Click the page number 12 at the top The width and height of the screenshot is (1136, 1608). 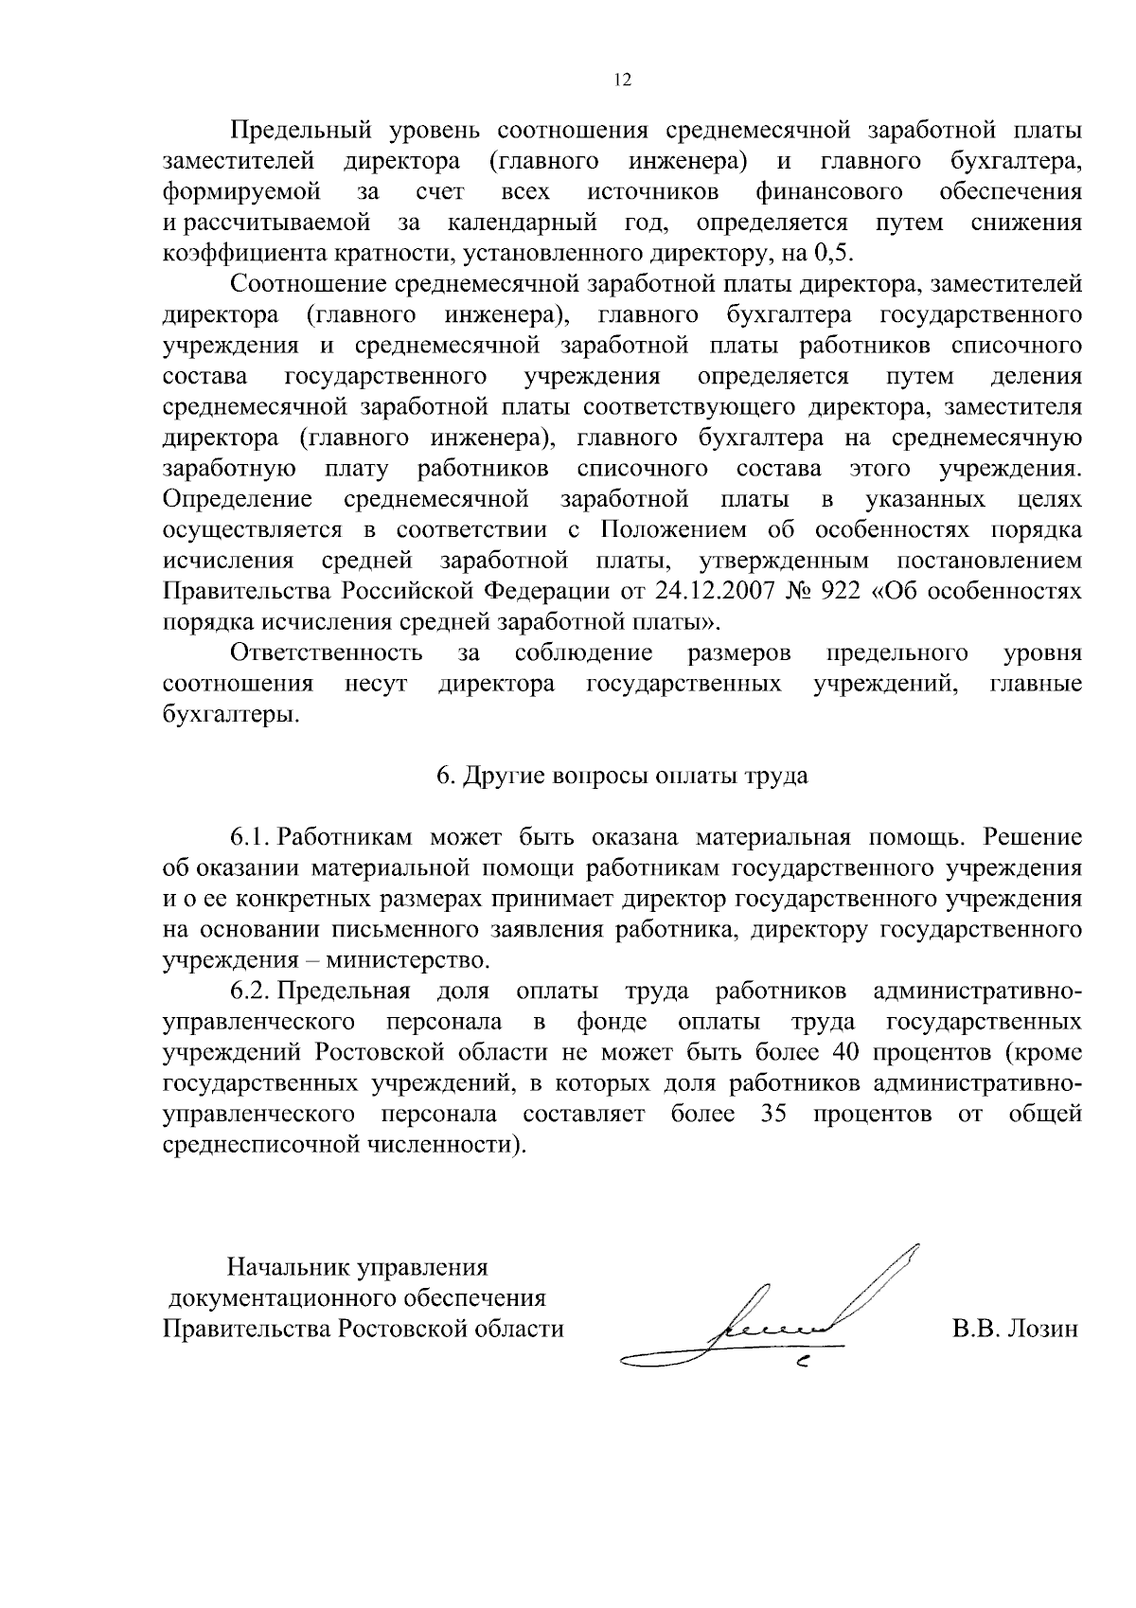tap(621, 80)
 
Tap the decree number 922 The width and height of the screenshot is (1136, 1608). tap(842, 592)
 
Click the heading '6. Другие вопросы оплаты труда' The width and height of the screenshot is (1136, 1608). tap(622, 776)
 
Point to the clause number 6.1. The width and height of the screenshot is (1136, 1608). tap(251, 837)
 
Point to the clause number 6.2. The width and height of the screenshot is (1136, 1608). tap(251, 992)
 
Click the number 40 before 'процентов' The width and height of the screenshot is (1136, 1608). tap(844, 1053)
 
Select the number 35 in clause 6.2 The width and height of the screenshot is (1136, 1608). tap(775, 1115)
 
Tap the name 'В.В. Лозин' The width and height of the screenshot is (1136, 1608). tap(1015, 1329)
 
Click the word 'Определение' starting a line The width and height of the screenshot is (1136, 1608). tap(238, 499)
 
